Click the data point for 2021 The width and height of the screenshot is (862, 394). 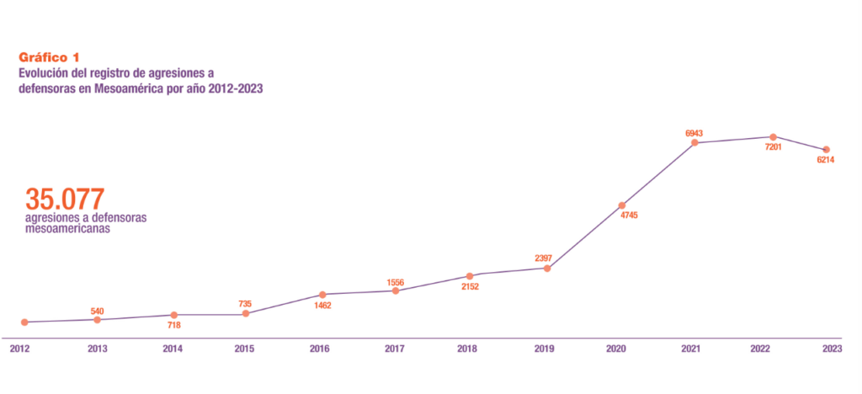click(x=695, y=142)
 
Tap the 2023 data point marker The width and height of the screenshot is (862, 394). click(x=827, y=150)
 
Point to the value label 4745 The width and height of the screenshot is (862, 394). click(x=629, y=216)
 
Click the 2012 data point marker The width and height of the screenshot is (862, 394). click(x=25, y=322)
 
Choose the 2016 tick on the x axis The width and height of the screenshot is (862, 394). click(x=320, y=349)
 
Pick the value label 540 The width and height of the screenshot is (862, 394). click(x=97, y=311)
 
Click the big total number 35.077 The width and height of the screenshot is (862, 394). click(x=65, y=200)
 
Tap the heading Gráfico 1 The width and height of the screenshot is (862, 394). click(x=49, y=57)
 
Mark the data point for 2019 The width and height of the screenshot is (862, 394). click(x=547, y=268)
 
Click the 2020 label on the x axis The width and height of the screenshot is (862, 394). click(x=616, y=349)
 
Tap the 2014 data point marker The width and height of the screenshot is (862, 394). click(x=173, y=314)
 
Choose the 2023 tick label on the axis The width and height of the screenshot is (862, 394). click(x=832, y=349)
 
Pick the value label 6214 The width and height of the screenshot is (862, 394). click(x=826, y=161)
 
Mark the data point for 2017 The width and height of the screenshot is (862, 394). click(x=396, y=290)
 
